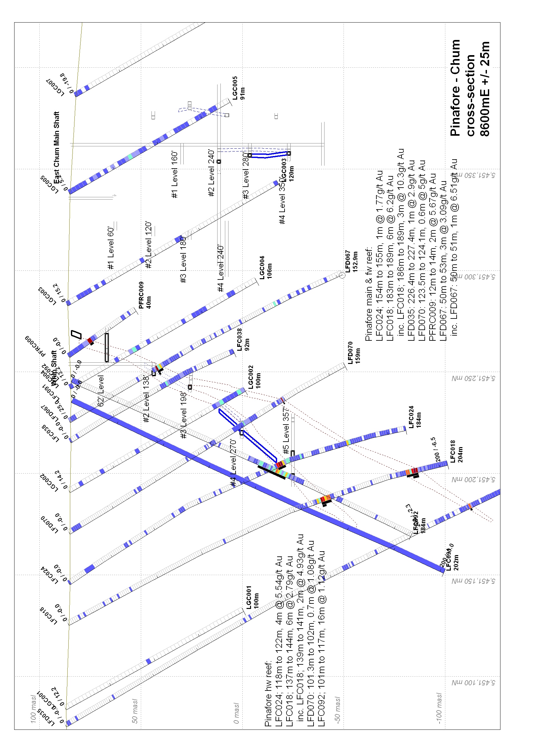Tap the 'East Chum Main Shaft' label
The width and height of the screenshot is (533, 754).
coord(57,147)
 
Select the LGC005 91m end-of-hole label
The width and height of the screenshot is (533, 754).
coord(238,88)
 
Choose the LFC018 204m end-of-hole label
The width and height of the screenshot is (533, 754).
coord(456,451)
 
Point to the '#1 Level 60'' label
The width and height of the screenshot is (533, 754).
coord(111,248)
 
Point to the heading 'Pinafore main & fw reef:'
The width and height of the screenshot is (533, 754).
coord(369,294)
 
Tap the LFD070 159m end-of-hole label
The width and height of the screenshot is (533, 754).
coord(354,352)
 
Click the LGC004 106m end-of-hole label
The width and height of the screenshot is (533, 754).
coord(266,268)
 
